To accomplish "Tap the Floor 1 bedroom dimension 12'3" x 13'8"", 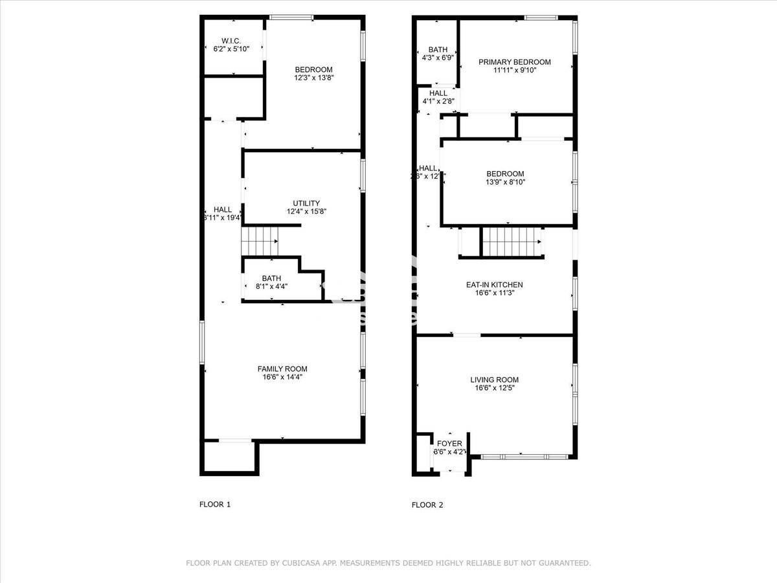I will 313,78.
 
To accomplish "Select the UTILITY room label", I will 306,203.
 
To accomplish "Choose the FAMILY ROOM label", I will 282,369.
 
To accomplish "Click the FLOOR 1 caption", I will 214,505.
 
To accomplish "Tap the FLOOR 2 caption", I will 427,505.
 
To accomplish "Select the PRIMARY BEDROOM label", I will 514,62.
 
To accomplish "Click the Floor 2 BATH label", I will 438,49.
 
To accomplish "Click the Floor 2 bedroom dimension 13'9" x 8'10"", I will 505,182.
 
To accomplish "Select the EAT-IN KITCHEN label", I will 494,284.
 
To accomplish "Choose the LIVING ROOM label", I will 494,380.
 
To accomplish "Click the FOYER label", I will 449,444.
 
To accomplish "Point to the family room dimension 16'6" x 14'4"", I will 282,377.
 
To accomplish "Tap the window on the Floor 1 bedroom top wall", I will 291,17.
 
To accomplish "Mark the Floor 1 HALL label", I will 223,209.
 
